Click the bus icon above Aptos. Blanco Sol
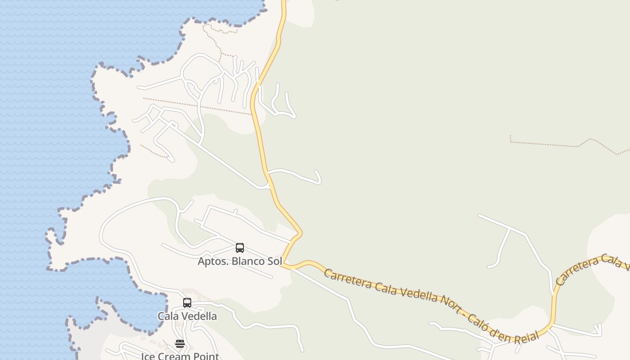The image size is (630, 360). pos(240,248)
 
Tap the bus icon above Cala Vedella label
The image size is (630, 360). pos(187,303)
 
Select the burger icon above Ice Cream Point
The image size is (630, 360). pos(180,344)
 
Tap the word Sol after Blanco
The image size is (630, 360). pos(275,261)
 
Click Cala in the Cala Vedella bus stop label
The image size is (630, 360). pos(168,316)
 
